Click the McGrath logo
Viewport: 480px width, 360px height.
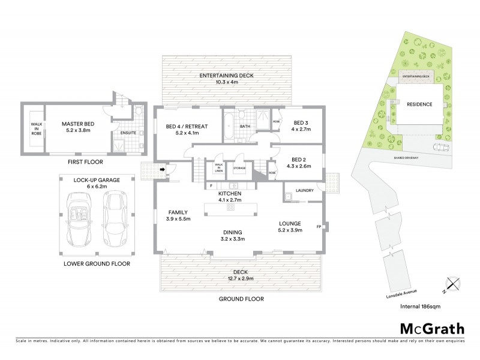click(433, 328)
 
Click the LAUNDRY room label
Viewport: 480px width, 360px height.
click(306, 191)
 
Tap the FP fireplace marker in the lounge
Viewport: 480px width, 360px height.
click(319, 226)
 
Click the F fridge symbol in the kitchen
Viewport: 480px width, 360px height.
click(212, 186)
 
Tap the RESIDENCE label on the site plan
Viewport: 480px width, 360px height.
click(419, 104)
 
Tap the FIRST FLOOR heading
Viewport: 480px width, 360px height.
click(86, 162)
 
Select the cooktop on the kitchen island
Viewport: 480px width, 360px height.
click(229, 208)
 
